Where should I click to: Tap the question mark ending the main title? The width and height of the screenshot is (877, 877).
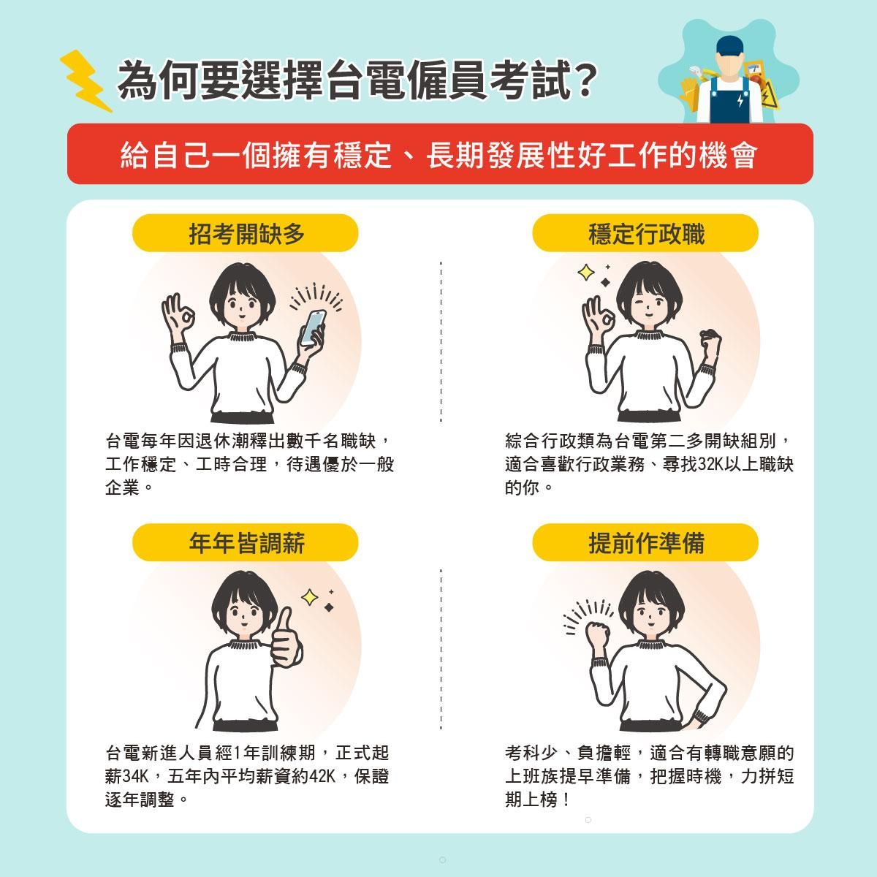click(582, 80)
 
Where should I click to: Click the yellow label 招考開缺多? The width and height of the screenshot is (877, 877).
click(246, 233)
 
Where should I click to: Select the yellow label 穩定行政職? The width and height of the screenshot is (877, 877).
click(645, 233)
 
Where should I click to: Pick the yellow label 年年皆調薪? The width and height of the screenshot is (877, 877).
click(246, 542)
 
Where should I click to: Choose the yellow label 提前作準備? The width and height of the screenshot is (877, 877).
click(645, 542)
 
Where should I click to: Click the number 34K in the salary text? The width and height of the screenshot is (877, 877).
click(135, 776)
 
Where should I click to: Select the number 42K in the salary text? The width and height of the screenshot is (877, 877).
click(322, 776)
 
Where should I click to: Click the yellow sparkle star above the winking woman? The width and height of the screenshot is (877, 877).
click(585, 273)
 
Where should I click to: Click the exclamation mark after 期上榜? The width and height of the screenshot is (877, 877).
click(566, 800)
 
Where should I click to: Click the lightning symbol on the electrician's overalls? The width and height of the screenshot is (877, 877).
click(740, 101)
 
